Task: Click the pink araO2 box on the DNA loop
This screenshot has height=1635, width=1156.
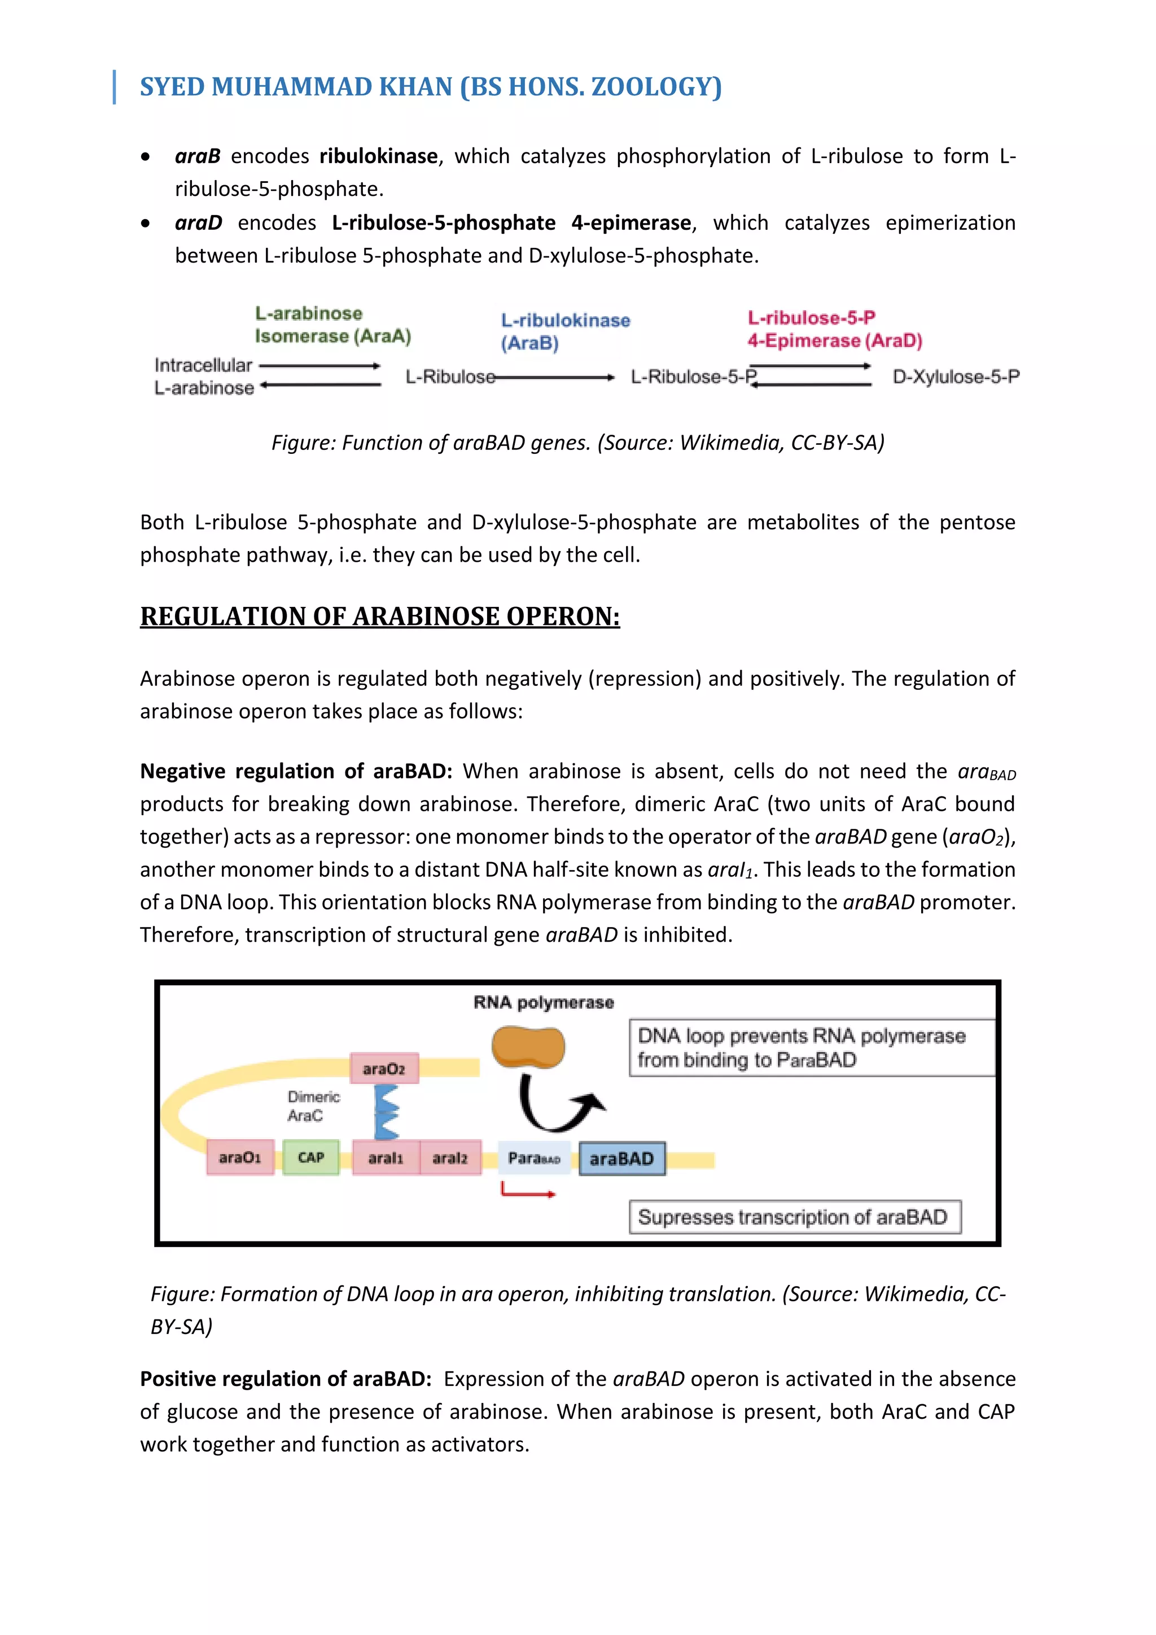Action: pyautogui.click(x=384, y=1068)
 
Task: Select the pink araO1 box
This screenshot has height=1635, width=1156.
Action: pyautogui.click(x=240, y=1157)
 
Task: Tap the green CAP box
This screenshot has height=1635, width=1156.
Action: pyautogui.click(x=311, y=1157)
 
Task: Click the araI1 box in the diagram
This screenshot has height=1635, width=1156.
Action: pyautogui.click(x=385, y=1158)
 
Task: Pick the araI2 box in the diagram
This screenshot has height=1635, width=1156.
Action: pyautogui.click(x=450, y=1158)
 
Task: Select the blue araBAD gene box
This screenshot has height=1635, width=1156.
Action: pyautogui.click(x=621, y=1159)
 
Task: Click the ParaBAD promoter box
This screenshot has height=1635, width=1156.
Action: pyautogui.click(x=533, y=1159)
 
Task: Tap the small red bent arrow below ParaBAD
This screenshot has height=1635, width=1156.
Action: pyautogui.click(x=527, y=1190)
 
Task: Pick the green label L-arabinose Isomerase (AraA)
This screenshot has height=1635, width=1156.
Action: pyautogui.click(x=332, y=325)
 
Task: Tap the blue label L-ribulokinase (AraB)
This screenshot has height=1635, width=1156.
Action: pyautogui.click(x=565, y=331)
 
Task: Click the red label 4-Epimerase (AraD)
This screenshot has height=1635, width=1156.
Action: pyautogui.click(x=834, y=340)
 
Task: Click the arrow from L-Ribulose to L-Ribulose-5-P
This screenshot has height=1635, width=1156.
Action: pyautogui.click(x=555, y=378)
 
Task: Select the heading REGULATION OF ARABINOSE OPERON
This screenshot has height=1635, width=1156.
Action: pyautogui.click(x=379, y=616)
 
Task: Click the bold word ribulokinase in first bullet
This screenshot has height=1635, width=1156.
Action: pyautogui.click(x=378, y=156)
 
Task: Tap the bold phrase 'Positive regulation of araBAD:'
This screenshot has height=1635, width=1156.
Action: pyautogui.click(x=286, y=1379)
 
